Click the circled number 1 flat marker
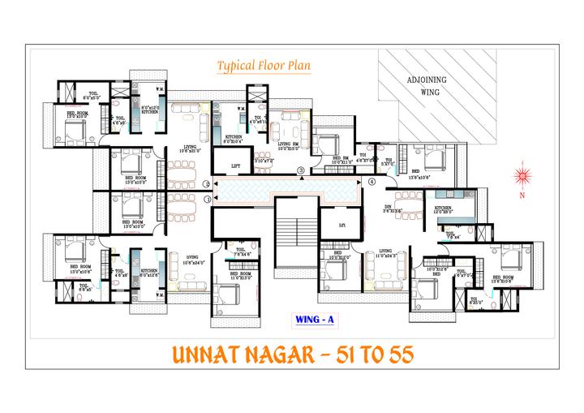(208, 197)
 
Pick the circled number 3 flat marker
(300, 170)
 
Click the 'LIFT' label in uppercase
(235, 166)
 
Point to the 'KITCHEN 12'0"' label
(442, 210)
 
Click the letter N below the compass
(523, 196)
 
